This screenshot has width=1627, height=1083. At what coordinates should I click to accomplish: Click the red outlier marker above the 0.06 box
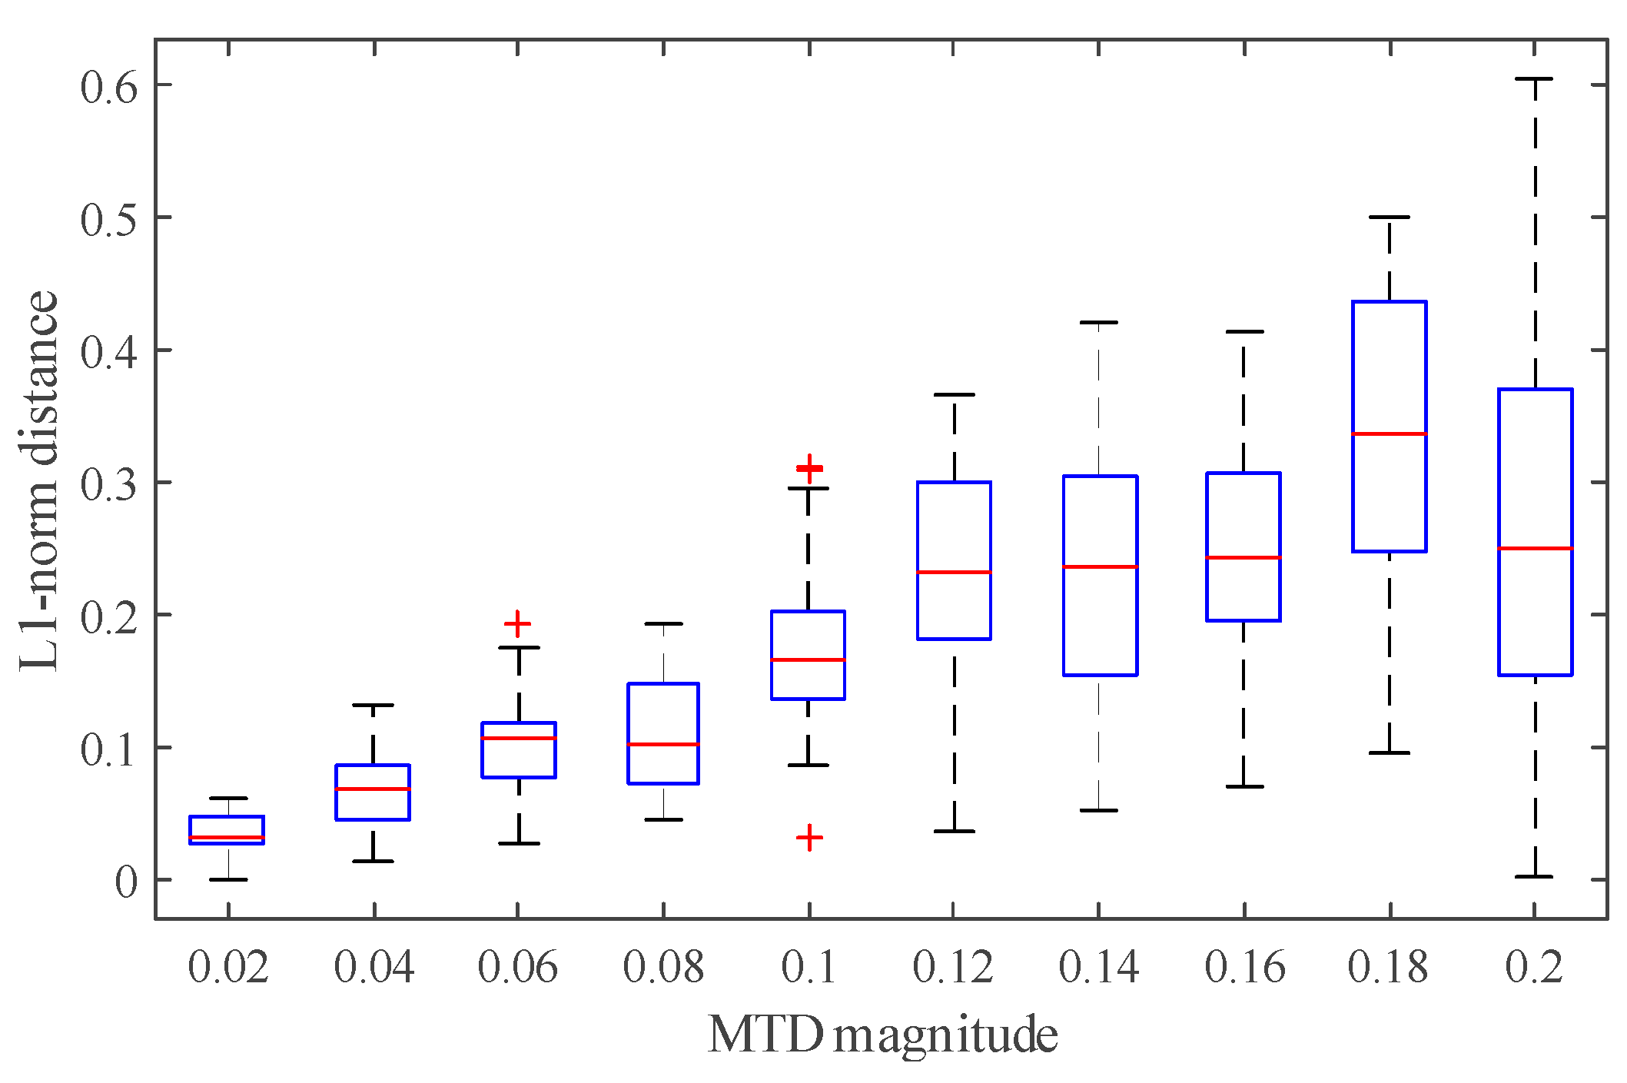517,623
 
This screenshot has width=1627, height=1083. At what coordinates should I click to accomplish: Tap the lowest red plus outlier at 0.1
809,837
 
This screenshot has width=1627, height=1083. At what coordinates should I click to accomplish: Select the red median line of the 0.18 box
1390,434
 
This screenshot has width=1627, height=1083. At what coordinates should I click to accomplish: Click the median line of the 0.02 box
227,837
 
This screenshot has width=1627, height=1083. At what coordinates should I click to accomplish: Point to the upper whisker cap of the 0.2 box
1534,79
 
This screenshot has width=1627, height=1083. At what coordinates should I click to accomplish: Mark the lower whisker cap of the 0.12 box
954,831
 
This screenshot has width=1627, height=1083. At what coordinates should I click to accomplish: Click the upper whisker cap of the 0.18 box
1390,218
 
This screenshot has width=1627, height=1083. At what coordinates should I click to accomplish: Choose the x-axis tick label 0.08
662,968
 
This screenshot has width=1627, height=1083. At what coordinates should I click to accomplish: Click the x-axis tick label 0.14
1098,968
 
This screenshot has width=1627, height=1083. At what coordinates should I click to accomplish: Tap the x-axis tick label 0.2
1533,968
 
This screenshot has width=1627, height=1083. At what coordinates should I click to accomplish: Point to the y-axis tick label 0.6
109,87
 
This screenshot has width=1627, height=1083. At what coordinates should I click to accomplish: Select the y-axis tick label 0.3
109,484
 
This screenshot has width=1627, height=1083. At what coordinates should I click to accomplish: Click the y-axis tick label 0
125,882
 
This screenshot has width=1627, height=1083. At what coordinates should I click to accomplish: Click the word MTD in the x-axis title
765,1035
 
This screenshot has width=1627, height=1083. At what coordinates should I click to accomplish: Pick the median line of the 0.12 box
954,572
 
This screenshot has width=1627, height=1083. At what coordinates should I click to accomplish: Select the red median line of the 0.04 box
373,789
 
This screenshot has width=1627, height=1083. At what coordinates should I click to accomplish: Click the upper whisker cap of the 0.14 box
1099,323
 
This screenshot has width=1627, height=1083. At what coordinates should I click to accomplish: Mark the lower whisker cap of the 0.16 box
1244,786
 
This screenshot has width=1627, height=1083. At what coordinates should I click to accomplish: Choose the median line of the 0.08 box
663,744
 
